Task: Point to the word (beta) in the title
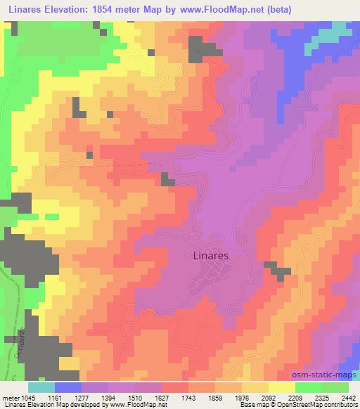(274, 9)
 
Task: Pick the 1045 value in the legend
(27, 397)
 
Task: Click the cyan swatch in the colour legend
(41, 387)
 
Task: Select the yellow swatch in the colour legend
(281, 387)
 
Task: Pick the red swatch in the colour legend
(176, 387)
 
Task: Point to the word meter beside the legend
(10, 397)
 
